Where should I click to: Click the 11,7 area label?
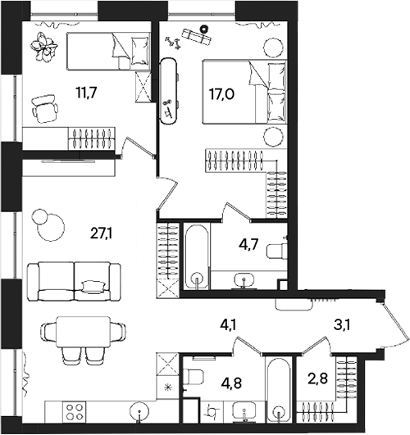click(86, 93)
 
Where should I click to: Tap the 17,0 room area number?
click(221, 94)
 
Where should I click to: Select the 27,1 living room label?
click(101, 233)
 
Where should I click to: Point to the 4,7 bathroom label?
click(249, 244)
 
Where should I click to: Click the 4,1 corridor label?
click(228, 325)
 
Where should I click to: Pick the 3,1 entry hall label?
click(342, 324)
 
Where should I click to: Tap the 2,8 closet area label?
click(318, 378)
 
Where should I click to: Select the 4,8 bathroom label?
click(231, 383)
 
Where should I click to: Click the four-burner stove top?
click(75, 412)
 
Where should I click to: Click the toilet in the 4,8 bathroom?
click(193, 378)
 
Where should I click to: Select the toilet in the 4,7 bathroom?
click(276, 251)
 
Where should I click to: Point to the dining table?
click(84, 332)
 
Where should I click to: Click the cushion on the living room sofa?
click(93, 287)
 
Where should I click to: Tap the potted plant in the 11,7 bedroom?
click(44, 47)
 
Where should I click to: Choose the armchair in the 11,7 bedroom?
click(45, 109)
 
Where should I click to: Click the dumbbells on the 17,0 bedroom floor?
click(173, 43)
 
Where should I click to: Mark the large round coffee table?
click(51, 228)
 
